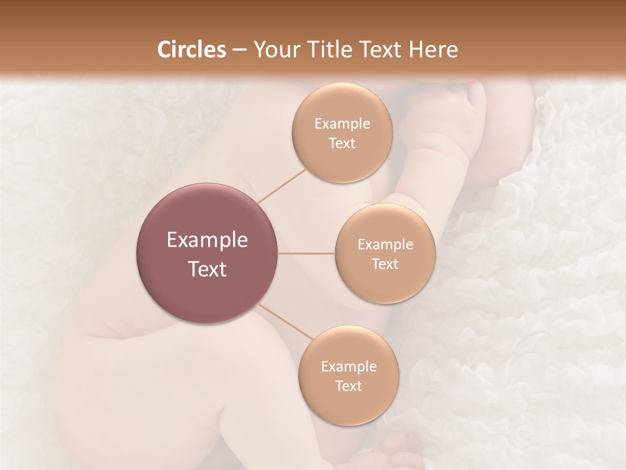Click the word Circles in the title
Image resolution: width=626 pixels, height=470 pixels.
coord(192,50)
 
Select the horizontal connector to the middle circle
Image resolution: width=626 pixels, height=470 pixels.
coord(306,253)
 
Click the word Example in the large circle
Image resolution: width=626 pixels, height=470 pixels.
coord(207,240)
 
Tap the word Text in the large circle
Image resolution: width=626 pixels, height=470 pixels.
coord(207,269)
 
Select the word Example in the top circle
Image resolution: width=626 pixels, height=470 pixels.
coord(342,124)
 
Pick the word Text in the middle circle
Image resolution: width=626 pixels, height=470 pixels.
coord(385,264)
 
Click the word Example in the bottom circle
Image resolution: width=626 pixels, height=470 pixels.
coord(348,367)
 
